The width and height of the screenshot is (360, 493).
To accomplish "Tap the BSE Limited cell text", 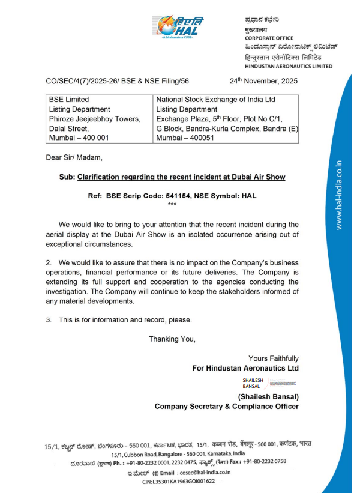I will click(x=69, y=100).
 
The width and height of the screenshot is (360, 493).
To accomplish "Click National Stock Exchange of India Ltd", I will click(x=215, y=100).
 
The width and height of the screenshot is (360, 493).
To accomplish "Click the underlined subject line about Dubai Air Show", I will click(x=189, y=177).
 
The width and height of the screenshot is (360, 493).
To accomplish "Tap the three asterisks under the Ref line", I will click(x=172, y=205).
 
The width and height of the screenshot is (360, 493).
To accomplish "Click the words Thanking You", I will click(x=172, y=339).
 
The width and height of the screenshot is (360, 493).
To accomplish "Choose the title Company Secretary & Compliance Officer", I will click(x=226, y=407).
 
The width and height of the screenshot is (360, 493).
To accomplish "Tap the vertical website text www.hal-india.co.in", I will click(x=339, y=195).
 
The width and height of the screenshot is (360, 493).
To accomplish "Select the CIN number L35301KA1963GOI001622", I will click(x=186, y=482).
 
